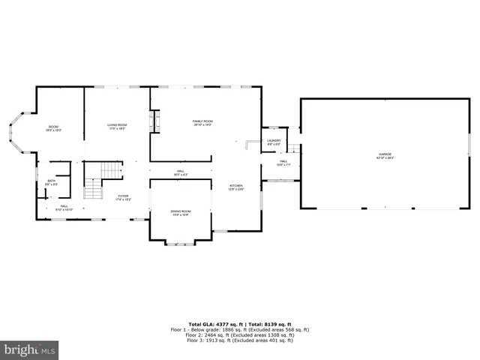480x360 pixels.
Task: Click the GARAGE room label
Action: point(384,154)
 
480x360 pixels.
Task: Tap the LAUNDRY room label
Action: point(274,139)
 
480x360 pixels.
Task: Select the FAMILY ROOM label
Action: point(202,121)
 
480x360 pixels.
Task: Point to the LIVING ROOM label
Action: point(116,124)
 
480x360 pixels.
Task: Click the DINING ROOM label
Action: point(181,211)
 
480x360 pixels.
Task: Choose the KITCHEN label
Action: point(236,185)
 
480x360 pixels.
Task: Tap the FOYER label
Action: point(123,196)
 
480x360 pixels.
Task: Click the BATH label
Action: point(51,181)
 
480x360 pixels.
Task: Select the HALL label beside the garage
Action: point(283,160)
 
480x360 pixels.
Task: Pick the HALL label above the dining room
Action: point(181,171)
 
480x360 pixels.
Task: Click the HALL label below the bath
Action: point(64,206)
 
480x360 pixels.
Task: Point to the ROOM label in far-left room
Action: point(54,126)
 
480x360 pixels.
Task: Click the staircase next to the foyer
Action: point(103,180)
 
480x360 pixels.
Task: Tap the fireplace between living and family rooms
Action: point(155,121)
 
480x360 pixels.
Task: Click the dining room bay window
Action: point(180,242)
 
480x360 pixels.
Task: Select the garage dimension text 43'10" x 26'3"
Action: point(384,158)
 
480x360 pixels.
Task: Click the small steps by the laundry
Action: point(295,148)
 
